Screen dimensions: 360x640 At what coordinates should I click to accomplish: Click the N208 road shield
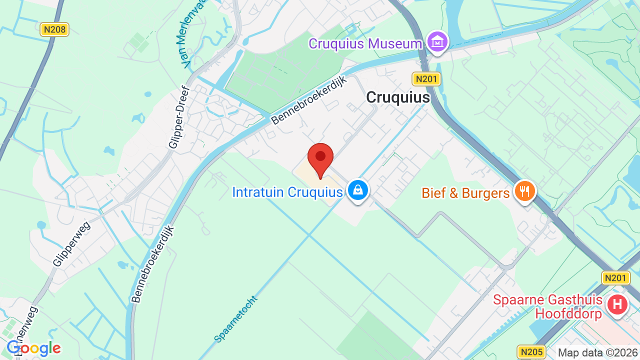(54, 29)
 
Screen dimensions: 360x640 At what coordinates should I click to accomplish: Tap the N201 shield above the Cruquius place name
(426, 78)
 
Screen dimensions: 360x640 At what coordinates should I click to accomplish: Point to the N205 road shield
(531, 352)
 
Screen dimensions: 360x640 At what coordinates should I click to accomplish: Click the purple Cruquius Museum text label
(365, 44)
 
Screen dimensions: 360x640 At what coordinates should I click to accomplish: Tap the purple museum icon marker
(437, 42)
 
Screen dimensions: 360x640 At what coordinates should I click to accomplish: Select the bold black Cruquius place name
(398, 97)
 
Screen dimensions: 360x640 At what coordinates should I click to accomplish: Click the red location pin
(320, 159)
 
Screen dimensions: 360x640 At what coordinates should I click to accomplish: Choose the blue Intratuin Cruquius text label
(287, 192)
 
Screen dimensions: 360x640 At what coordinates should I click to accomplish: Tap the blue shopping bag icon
(357, 190)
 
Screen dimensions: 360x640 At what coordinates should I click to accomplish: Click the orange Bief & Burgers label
(465, 193)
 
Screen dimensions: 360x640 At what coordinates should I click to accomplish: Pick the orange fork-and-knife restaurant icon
(524, 191)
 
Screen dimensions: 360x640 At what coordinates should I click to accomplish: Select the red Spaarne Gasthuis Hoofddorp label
(547, 306)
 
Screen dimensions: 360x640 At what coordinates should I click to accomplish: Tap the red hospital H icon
(617, 304)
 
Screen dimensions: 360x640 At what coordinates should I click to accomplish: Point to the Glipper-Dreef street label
(179, 118)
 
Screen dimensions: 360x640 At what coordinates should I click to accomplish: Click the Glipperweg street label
(71, 243)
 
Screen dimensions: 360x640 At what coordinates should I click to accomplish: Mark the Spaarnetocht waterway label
(235, 319)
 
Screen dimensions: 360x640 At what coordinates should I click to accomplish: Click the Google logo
(34, 348)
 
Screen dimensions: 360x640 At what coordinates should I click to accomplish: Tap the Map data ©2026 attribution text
(598, 352)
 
